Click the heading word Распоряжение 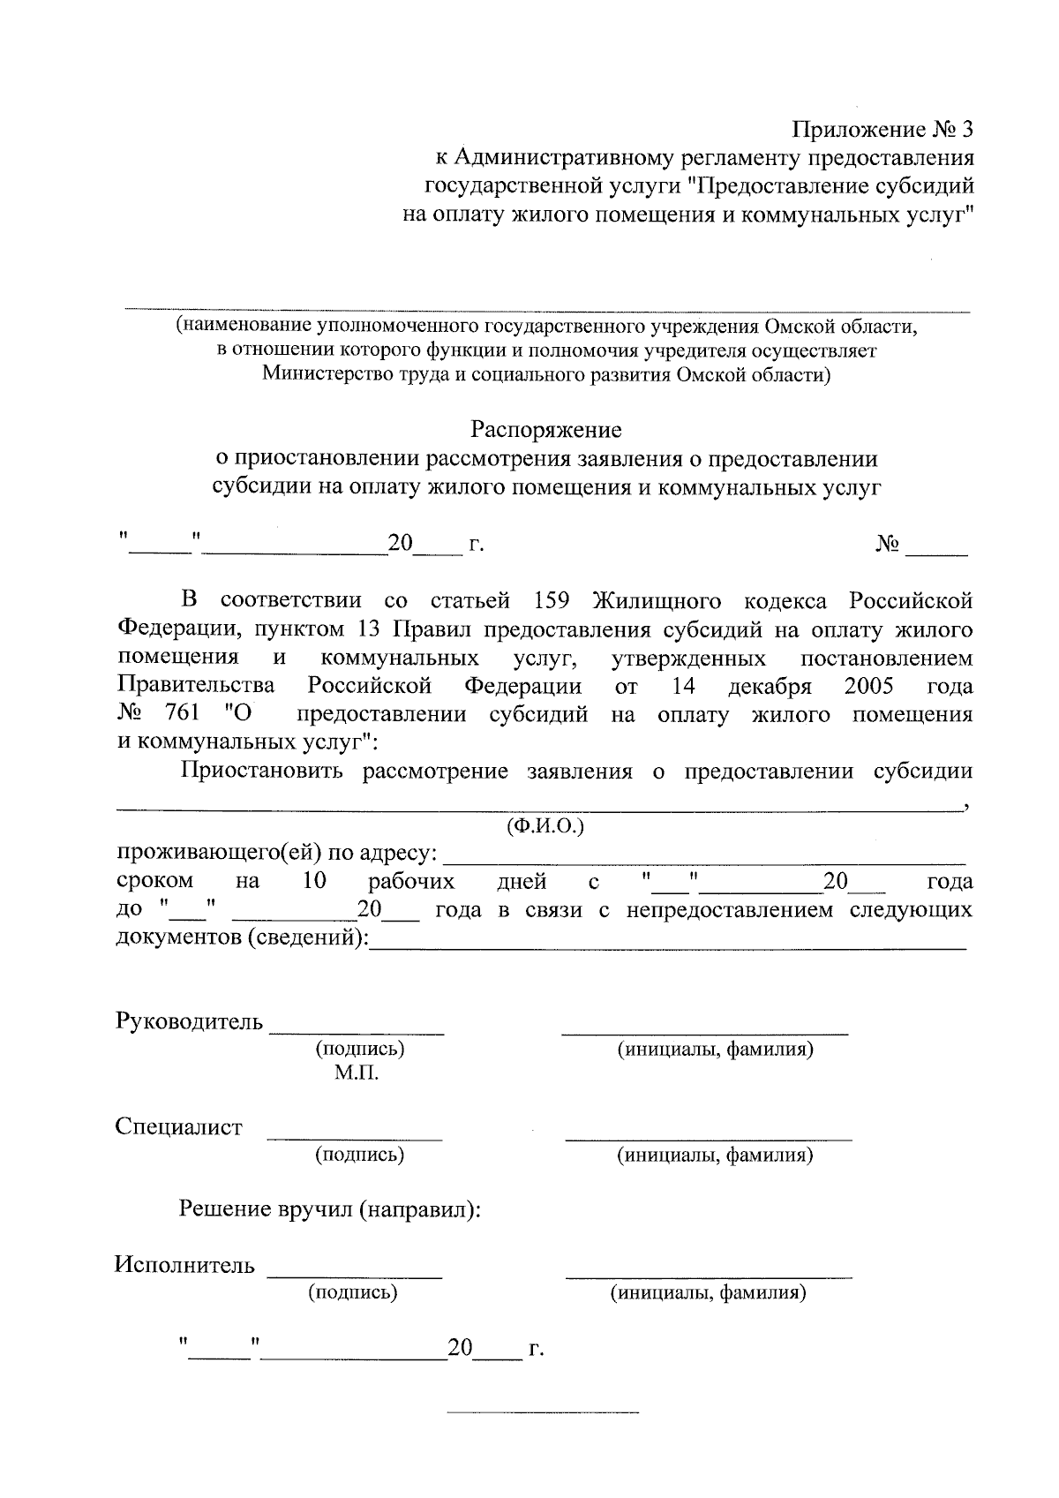(545, 430)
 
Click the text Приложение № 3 (882, 130)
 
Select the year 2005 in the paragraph (868, 686)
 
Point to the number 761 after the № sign (182, 714)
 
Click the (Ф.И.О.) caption (545, 827)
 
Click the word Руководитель (189, 1021)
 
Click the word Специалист (178, 1127)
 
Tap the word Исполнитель (184, 1265)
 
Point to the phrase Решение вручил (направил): (330, 1208)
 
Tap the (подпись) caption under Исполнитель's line (352, 1292)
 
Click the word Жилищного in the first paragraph (656, 601)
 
